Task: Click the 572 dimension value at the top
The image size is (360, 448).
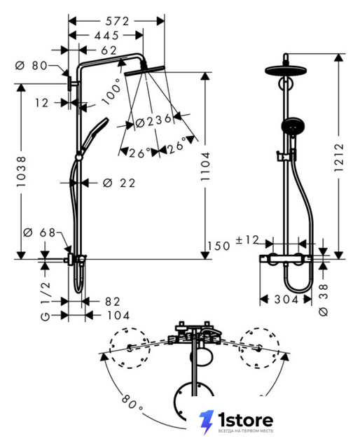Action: click(x=117, y=21)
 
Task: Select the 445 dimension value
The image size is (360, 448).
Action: click(x=106, y=36)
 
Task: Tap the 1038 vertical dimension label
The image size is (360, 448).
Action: click(x=21, y=171)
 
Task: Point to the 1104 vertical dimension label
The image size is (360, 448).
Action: click(x=205, y=167)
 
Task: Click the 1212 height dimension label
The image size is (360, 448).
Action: click(x=339, y=157)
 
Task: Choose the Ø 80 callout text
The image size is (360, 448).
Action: click(x=32, y=66)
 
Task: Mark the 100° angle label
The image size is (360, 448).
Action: click(x=112, y=91)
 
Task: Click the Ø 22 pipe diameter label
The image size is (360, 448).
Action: click(x=119, y=183)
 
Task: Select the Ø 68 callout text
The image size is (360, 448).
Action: click(x=39, y=232)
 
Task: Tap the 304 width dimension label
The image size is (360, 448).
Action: click(x=286, y=300)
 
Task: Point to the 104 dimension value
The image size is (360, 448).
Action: click(x=118, y=316)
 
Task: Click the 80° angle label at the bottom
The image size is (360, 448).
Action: click(x=132, y=402)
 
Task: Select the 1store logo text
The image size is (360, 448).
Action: click(x=245, y=420)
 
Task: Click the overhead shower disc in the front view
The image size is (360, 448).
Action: click(x=286, y=71)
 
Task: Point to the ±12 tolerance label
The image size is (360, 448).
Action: click(x=247, y=239)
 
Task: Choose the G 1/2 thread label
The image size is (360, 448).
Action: click(x=46, y=301)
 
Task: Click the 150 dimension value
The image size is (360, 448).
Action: click(x=219, y=246)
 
